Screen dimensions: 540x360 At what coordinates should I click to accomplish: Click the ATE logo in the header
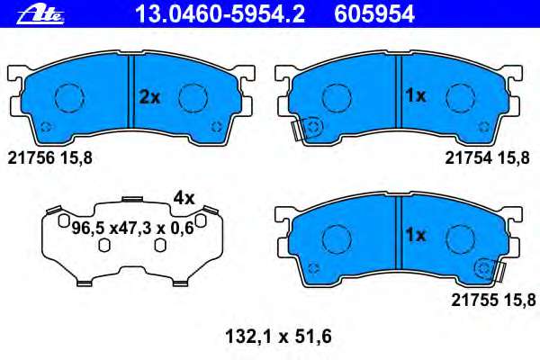40,14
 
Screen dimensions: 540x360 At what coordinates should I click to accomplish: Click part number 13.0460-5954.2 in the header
220,14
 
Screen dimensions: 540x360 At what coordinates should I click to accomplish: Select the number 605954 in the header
374,14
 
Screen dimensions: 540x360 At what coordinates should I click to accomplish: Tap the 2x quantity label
149,97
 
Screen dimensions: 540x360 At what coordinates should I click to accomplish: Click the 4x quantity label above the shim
184,198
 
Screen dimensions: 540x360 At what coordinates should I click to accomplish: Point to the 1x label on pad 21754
416,95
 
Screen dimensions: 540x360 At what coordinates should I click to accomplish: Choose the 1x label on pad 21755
416,235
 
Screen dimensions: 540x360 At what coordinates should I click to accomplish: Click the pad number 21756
31,158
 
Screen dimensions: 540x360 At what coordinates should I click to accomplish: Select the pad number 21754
469,158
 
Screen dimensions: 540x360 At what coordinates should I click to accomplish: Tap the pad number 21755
474,300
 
